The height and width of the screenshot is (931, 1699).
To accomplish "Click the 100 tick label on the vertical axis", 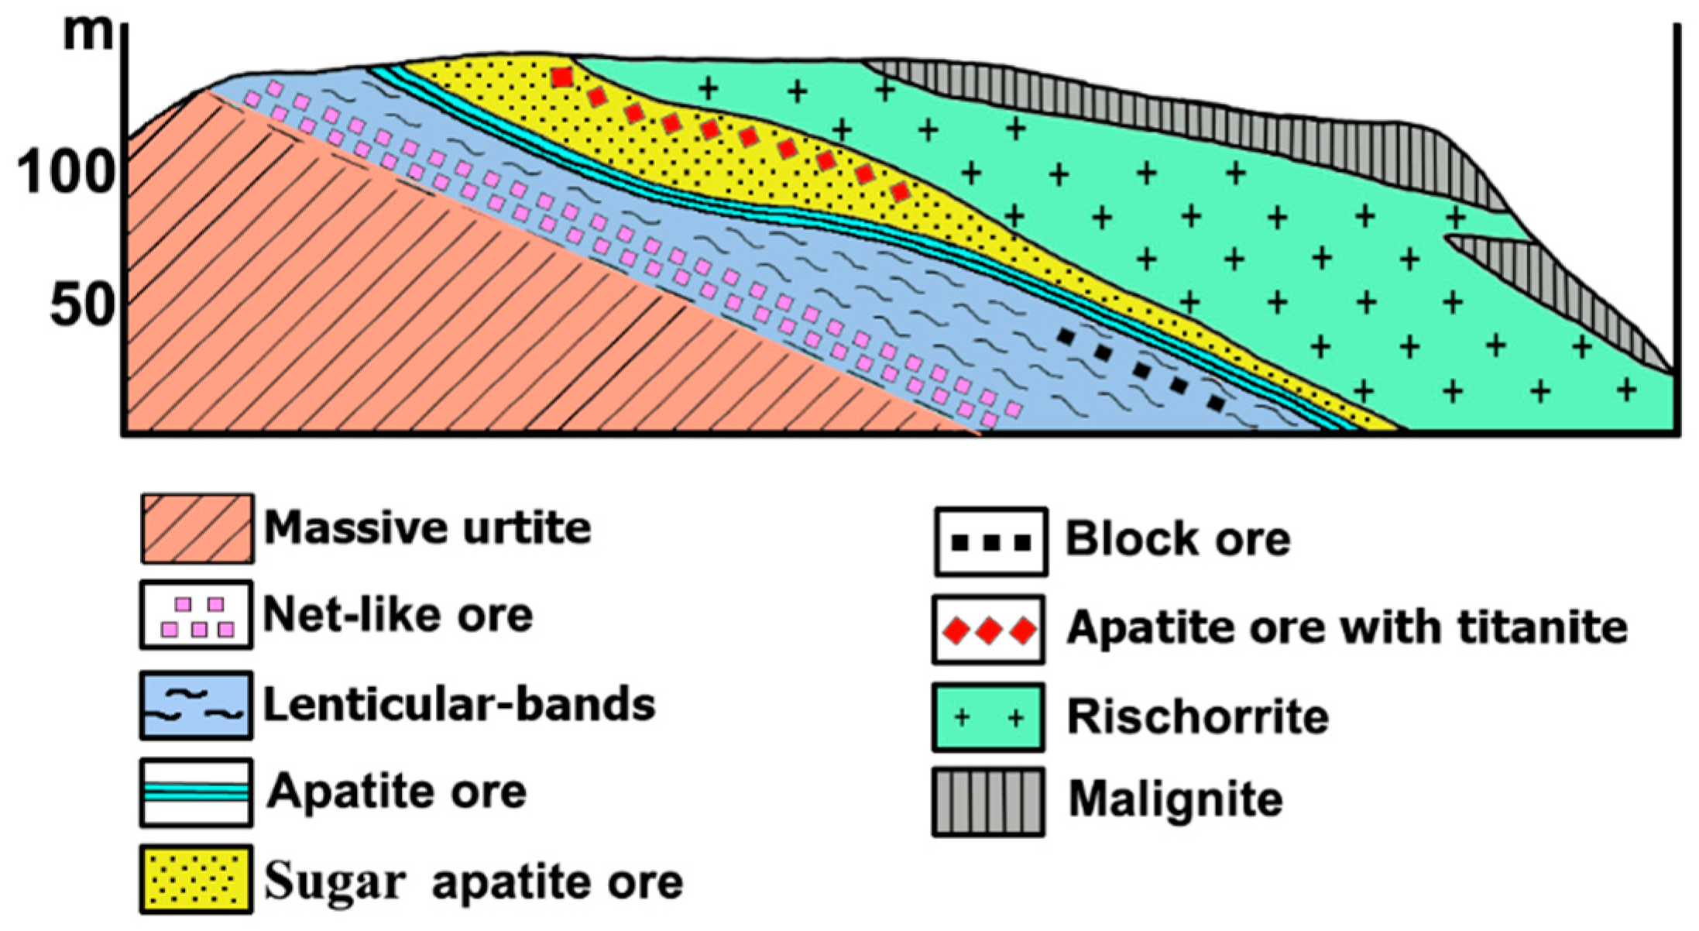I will coord(65,173).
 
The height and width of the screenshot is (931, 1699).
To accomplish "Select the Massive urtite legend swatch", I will coord(197,528).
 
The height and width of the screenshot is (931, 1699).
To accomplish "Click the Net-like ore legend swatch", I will coord(197,615).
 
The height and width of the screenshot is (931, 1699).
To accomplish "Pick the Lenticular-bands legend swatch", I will coord(197,705).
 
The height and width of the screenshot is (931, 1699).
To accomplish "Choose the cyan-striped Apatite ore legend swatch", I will coord(197,792).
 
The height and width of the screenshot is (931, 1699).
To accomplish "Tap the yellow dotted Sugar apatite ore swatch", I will coord(197,880).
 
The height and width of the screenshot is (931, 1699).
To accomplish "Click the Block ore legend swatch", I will coord(990,542).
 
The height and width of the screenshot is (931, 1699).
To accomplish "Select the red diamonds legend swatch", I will coord(989,630).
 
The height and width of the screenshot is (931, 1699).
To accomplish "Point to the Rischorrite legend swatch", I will coord(988,717).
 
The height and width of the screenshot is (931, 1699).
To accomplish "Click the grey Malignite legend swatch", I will coord(988,802).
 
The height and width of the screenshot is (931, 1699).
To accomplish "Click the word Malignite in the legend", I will coord(1176,799).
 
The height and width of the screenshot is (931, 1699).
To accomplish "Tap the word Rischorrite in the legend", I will coord(1197,716).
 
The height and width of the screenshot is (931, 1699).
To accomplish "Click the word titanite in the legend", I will coord(1542,627).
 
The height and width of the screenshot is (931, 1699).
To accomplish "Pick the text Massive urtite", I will coord(427,527).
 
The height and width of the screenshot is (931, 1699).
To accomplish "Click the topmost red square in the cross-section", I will coord(562,77).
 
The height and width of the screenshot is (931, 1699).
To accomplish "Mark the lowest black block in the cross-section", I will coord(1217,404).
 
